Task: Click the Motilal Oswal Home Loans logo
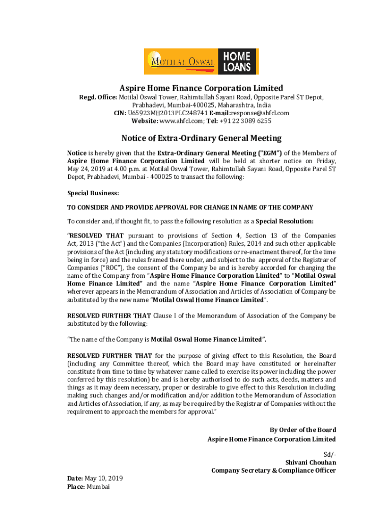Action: pyautogui.click(x=201, y=62)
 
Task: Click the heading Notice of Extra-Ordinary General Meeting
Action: pyautogui.click(x=201, y=138)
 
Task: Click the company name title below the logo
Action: pyautogui.click(x=201, y=88)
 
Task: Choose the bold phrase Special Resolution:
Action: pyautogui.click(x=285, y=221)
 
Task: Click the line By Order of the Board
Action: pyautogui.click(x=302, y=430)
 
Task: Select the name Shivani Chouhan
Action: pyautogui.click(x=311, y=462)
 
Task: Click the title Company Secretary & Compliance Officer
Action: pyautogui.click(x=273, y=471)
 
